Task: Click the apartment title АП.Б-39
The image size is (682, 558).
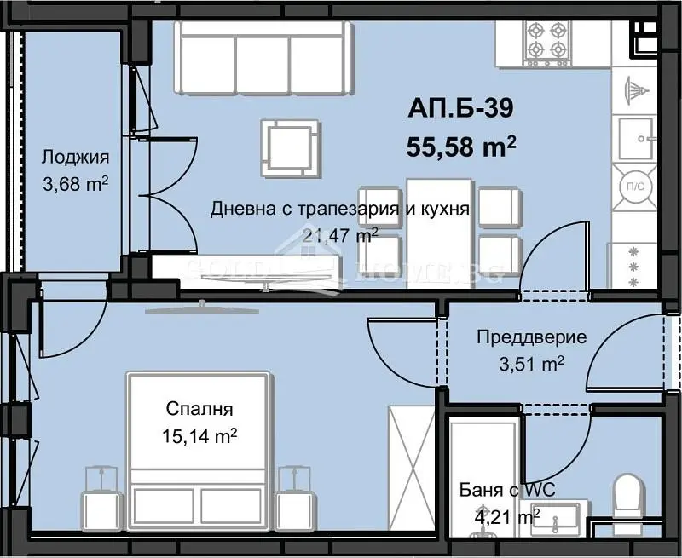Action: pyautogui.click(x=461, y=108)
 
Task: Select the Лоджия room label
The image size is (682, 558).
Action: pyautogui.click(x=74, y=157)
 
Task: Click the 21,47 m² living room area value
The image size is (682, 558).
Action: pyautogui.click(x=341, y=235)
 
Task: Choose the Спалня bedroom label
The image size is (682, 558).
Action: pyautogui.click(x=199, y=410)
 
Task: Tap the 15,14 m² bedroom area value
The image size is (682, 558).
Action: pyautogui.click(x=199, y=436)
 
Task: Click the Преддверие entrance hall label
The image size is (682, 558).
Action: pyautogui.click(x=530, y=337)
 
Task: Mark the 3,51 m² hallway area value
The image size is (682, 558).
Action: pyautogui.click(x=530, y=364)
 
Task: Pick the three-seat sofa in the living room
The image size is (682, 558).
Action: pyautogui.click(x=263, y=55)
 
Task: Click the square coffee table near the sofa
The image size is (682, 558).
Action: pyautogui.click(x=291, y=146)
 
